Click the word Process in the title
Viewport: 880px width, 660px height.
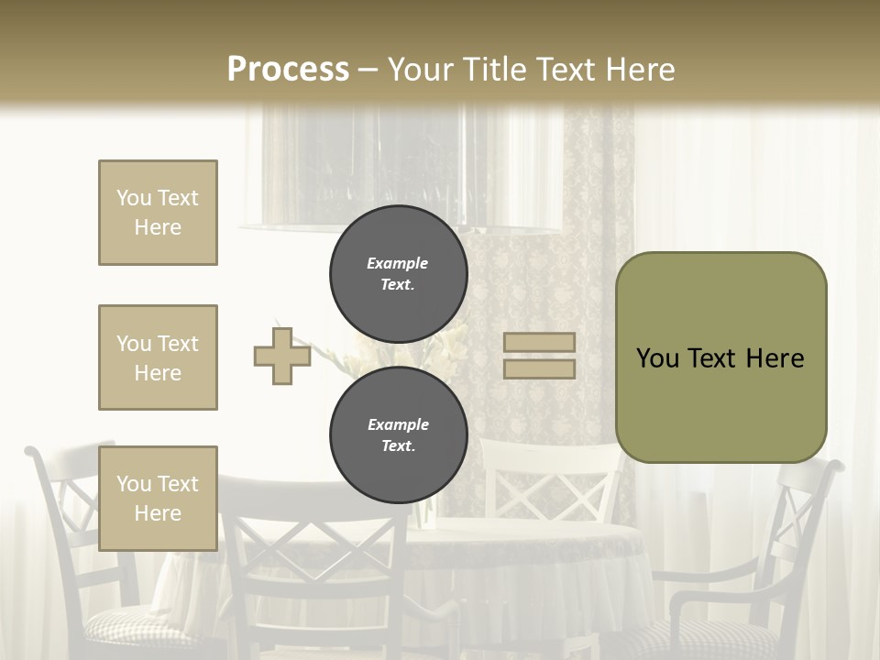(x=288, y=69)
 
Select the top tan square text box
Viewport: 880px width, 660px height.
(x=158, y=213)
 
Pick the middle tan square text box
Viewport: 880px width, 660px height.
(x=158, y=357)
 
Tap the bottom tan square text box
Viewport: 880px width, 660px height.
(x=158, y=498)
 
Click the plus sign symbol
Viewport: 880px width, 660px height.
(x=282, y=356)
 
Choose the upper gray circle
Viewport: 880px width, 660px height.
(x=398, y=273)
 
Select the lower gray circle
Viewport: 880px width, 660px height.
(x=398, y=434)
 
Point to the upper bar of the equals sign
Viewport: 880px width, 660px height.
(x=539, y=343)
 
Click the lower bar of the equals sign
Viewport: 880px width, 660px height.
(x=539, y=368)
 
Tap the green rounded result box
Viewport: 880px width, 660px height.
(x=720, y=394)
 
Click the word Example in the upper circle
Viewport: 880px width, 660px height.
(x=398, y=263)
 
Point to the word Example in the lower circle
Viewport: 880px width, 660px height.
(x=398, y=424)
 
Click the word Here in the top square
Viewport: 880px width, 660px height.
(x=158, y=227)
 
